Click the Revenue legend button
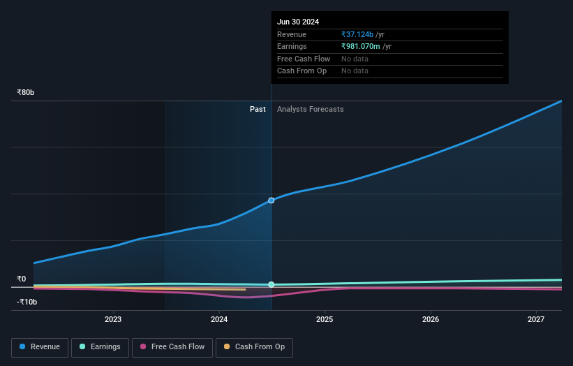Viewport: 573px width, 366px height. (40, 346)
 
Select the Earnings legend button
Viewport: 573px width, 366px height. (101, 346)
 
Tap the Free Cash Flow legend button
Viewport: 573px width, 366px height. (172, 346)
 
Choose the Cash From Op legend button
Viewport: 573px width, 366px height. (254, 346)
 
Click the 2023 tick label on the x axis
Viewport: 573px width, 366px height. (113, 319)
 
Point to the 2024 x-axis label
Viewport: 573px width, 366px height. (219, 319)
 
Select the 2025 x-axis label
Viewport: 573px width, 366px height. (325, 319)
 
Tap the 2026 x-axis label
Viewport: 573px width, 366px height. (431, 319)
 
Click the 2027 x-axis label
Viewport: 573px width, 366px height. (536, 319)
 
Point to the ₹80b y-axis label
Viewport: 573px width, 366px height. (27, 92)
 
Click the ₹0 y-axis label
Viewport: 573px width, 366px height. (22, 279)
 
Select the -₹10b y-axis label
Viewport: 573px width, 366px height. (27, 302)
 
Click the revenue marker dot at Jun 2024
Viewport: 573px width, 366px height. (271, 200)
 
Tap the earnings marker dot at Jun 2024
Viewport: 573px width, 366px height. (271, 284)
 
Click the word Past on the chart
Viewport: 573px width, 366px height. (258, 109)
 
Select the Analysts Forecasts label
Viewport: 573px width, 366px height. (310, 109)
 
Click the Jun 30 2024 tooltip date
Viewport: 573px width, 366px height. (298, 22)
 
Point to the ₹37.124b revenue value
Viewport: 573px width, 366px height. (362, 34)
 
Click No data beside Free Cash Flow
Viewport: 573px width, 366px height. (355, 59)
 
